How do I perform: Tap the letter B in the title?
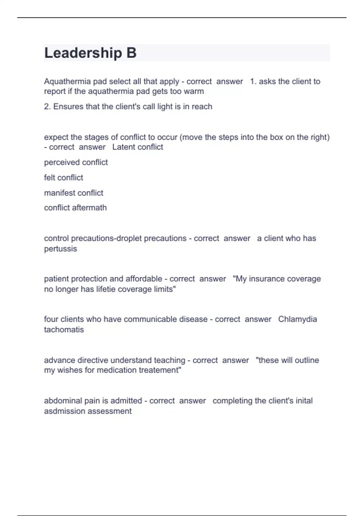pos(131,53)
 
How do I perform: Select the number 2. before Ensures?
pos(47,107)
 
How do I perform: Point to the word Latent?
pos(123,147)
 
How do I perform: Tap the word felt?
pos(49,178)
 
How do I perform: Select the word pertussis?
pos(60,249)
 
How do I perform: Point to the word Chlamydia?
pos(297,319)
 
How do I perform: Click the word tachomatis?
pos(64,330)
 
